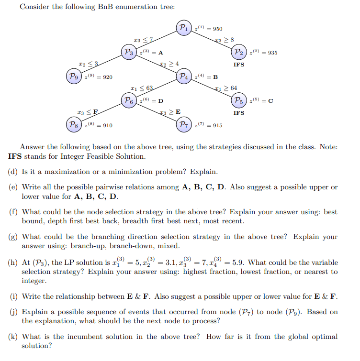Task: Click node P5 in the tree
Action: pos(239,100)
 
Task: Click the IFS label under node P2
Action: pos(239,65)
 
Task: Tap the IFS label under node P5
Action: pos(239,113)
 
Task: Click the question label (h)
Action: pos(13,263)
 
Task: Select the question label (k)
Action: pos(13,337)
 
